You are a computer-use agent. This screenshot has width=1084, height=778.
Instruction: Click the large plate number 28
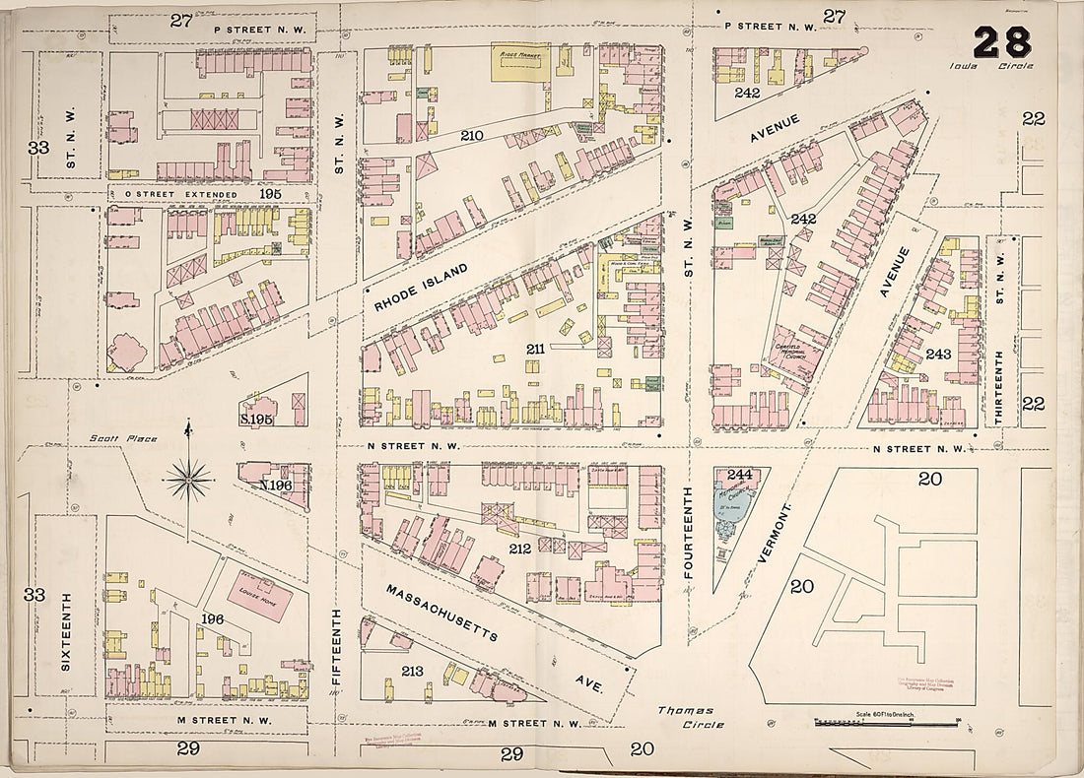pyautogui.click(x=1002, y=42)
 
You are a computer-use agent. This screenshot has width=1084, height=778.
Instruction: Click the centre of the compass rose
pyautogui.click(x=187, y=480)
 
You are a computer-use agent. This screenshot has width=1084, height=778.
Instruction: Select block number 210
pyautogui.click(x=471, y=135)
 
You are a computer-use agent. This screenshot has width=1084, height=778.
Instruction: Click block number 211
pyautogui.click(x=535, y=349)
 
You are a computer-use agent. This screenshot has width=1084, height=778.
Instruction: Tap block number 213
pyautogui.click(x=412, y=671)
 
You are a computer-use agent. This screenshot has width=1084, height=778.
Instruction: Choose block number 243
pyautogui.click(x=938, y=353)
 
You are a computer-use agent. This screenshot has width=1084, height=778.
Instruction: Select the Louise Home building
pyautogui.click(x=258, y=594)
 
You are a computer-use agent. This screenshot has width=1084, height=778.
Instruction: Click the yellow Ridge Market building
pyautogui.click(x=520, y=62)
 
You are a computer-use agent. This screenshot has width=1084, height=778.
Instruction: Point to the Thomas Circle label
pyautogui.click(x=692, y=717)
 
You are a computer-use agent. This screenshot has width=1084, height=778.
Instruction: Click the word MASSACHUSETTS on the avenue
pyautogui.click(x=441, y=612)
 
